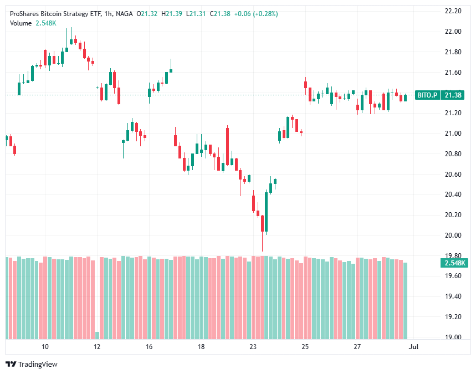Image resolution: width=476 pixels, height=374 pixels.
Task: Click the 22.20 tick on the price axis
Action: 453,11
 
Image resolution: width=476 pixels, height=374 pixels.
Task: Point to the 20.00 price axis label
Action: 453,235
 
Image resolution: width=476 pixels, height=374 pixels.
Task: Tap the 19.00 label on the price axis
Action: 453,337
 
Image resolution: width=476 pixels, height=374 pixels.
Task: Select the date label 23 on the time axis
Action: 253,347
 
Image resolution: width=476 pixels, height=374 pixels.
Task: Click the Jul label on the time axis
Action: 413,347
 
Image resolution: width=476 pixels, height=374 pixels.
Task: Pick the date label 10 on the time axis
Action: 45,347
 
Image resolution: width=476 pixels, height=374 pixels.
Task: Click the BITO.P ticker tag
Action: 427,95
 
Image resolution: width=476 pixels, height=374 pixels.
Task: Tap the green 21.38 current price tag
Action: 453,95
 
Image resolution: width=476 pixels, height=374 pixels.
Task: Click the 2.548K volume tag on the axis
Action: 453,263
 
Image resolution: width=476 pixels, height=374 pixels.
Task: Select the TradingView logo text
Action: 38,364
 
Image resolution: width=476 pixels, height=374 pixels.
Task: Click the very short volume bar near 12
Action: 98,335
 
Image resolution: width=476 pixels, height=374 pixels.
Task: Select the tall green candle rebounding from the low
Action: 267,211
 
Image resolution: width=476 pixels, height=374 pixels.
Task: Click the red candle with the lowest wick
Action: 262,224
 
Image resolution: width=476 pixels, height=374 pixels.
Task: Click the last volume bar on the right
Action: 406,300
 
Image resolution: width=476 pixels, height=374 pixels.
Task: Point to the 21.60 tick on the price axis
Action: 453,72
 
